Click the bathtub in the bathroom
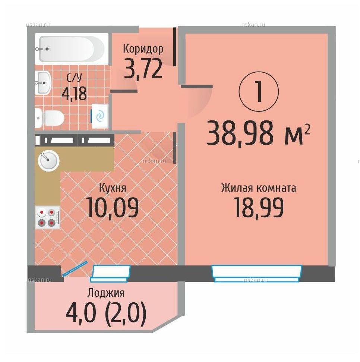72,49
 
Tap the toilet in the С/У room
50,118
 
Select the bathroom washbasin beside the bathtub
43,83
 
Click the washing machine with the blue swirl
100,116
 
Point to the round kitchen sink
48,161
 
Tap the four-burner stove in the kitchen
48,217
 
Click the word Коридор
143,49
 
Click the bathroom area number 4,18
74,93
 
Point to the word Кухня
113,188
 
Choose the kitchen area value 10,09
113,207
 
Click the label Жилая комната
259,188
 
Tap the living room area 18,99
259,208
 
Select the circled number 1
259,92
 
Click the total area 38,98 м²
258,134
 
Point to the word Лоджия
106,293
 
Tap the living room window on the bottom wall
257,274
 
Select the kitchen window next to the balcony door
110,274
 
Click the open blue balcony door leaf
75,268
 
